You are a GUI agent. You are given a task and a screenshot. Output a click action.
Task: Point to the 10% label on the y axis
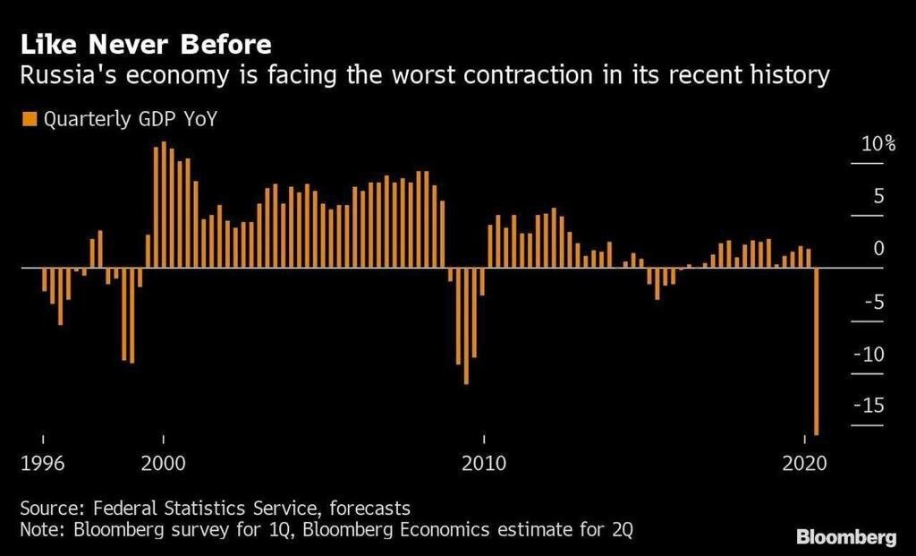point(878,145)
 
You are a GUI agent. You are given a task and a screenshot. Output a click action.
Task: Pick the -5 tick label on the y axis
point(874,302)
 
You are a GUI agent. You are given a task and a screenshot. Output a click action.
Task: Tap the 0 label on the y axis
point(878,249)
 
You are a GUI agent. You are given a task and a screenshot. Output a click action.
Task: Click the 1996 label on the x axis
point(42,465)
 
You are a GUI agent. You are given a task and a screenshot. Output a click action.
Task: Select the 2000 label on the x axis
point(163,465)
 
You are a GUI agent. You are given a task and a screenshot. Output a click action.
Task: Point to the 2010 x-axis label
point(483,465)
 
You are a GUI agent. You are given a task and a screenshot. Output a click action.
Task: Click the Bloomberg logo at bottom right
point(845,537)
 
